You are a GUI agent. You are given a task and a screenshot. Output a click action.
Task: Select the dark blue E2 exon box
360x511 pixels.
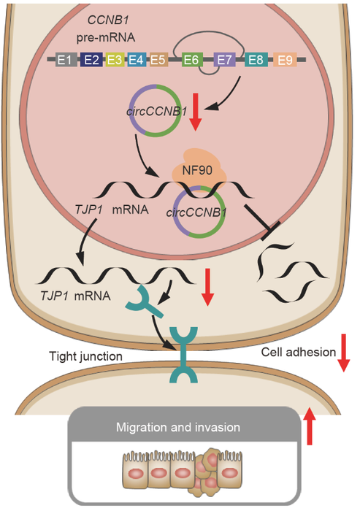91,61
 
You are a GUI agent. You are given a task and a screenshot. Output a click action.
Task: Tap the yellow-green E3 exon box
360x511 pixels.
114,61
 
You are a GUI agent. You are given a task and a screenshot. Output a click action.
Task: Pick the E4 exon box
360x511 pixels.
135,61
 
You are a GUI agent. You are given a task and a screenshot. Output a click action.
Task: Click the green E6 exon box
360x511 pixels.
191,61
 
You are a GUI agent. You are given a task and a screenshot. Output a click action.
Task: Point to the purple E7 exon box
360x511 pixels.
224,61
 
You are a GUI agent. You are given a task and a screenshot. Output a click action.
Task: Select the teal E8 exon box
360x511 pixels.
256,61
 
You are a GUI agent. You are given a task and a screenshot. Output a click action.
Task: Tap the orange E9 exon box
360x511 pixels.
286,61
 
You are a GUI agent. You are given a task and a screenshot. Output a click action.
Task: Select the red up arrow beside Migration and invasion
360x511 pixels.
310,426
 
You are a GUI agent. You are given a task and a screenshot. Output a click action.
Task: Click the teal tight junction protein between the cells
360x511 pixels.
180,354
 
